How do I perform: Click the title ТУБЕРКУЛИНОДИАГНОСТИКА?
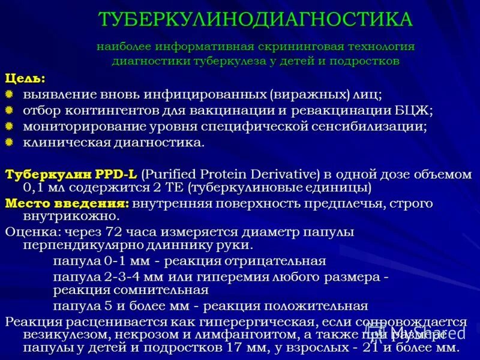tap(256, 19)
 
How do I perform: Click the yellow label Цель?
tap(25, 79)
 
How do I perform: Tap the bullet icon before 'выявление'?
tap(9, 95)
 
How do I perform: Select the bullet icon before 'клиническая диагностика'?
tap(9, 142)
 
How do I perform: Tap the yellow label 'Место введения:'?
tap(67, 203)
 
